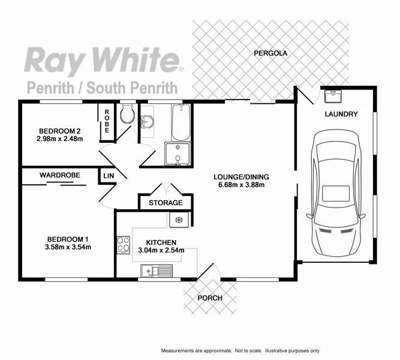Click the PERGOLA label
[x=270, y=53]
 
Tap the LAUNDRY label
[x=341, y=114]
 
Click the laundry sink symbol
[x=332, y=95]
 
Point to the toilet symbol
[x=127, y=115]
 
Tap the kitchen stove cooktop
[x=124, y=244]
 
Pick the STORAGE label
[x=166, y=203]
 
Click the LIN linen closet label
[x=109, y=175]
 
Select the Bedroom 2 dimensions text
[x=59, y=139]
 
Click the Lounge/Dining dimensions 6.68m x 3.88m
[x=242, y=185]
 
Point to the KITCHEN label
[x=157, y=242]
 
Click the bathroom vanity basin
[x=146, y=122]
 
